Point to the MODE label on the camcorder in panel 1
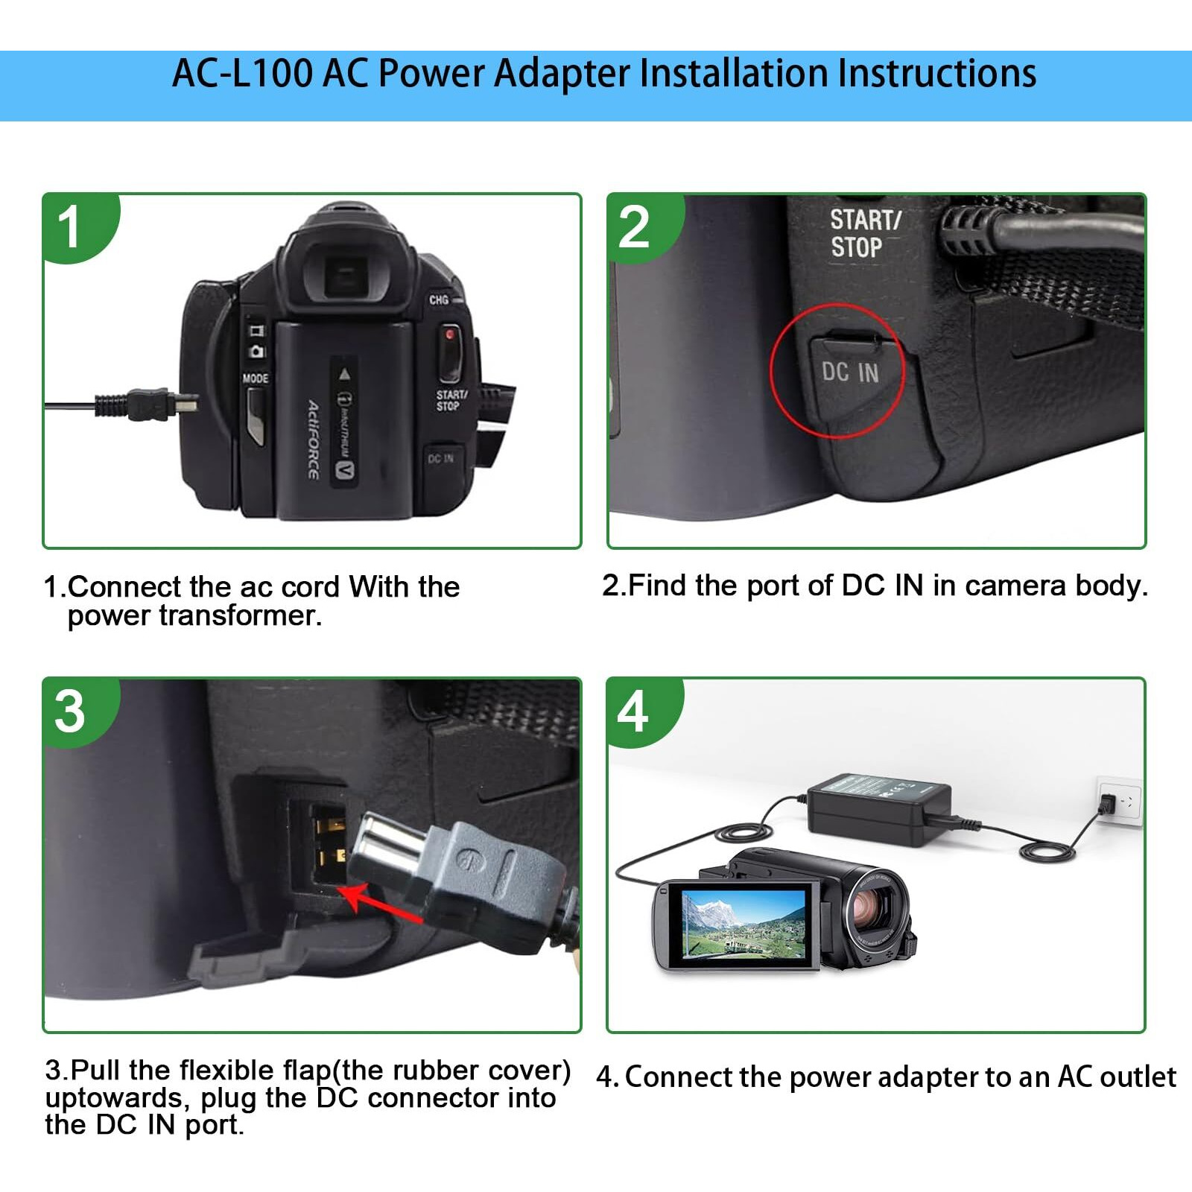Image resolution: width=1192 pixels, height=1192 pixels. pos(255,378)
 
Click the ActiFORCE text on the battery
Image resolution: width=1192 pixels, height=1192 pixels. pos(314,440)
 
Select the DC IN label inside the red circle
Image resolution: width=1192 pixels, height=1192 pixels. pos(850,372)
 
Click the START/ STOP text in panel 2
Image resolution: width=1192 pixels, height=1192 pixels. pos(864,233)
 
